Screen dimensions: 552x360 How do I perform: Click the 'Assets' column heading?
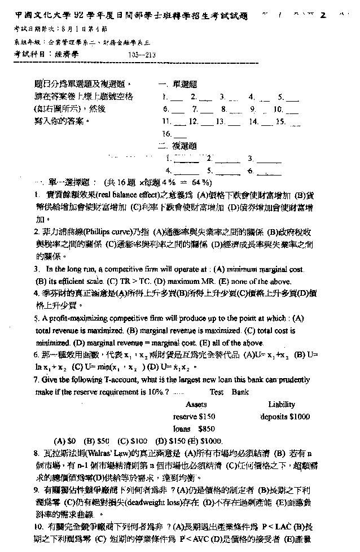(x=196, y=404)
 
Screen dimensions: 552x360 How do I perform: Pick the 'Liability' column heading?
(x=282, y=404)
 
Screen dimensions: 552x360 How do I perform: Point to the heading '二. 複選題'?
(x=179, y=146)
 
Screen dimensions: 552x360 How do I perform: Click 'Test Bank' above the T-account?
(x=225, y=392)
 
